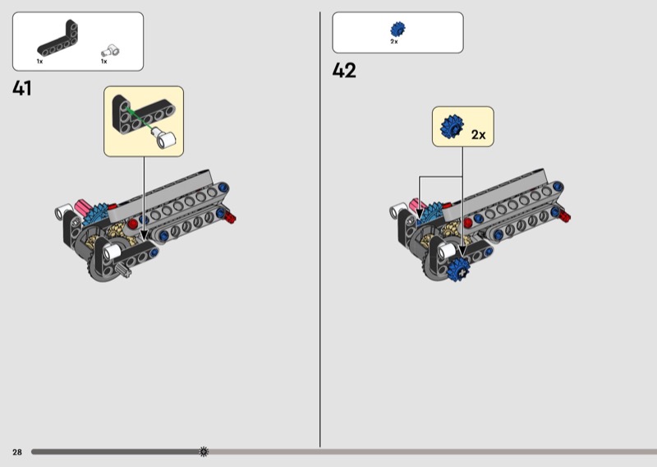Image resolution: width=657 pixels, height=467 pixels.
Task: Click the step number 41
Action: tap(22, 88)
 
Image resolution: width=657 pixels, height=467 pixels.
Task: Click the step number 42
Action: tap(344, 70)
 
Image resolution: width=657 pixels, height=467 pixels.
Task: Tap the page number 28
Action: tap(17, 452)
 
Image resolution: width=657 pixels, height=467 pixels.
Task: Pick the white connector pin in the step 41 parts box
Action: tap(110, 51)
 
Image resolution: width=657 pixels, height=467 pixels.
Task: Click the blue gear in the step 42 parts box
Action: tap(397, 30)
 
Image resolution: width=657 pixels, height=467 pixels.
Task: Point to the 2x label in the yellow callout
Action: tap(479, 135)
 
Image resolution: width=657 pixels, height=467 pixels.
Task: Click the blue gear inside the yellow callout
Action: tap(452, 127)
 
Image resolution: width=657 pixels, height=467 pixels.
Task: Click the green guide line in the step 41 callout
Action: tap(140, 118)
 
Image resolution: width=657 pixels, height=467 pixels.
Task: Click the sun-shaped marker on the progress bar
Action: tap(204, 451)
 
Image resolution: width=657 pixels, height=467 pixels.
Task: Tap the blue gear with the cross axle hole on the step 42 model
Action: tap(458, 270)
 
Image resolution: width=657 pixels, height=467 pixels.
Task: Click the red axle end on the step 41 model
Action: tap(230, 217)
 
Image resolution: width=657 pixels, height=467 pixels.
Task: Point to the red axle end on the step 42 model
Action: tap(564, 215)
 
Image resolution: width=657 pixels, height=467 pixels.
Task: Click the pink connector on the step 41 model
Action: tap(83, 207)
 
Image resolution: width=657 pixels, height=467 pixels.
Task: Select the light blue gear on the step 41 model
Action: tap(94, 214)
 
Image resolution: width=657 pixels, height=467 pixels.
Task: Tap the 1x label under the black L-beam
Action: tap(39, 62)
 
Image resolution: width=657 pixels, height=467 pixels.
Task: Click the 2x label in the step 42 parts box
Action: tap(394, 42)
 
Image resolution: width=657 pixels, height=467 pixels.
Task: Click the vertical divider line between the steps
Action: tap(320, 229)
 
